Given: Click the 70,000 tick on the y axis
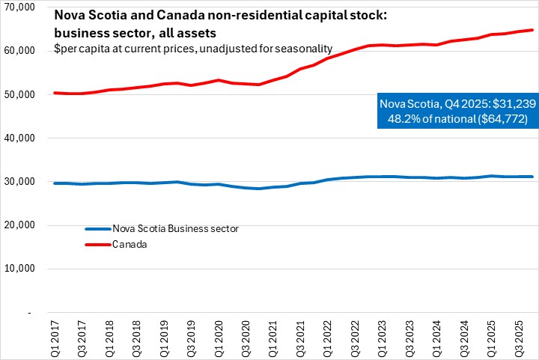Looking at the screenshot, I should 21,7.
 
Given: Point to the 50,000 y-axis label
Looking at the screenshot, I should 21,94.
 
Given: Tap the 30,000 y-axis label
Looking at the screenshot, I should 21,182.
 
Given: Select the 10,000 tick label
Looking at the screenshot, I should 21,269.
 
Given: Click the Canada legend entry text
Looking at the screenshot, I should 127,242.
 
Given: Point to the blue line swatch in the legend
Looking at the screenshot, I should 97,228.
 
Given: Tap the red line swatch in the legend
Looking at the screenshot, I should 97,242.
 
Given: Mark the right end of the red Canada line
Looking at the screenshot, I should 532,30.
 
